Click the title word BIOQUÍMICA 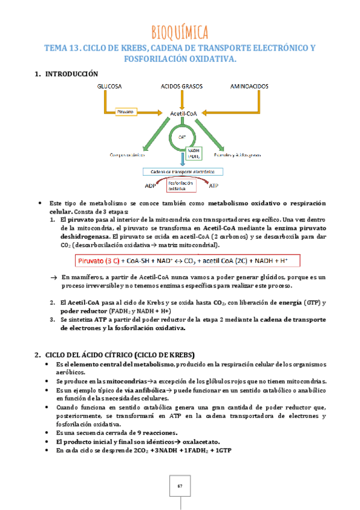click(180, 31)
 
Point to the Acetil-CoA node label click(184, 114)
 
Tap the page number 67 click(180, 486)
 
